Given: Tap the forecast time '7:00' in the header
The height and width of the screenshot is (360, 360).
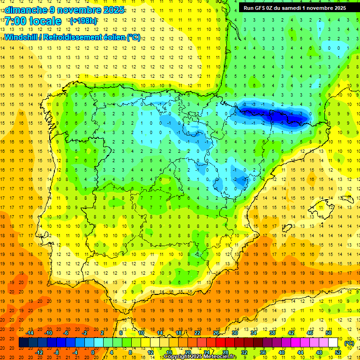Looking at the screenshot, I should click(16, 21).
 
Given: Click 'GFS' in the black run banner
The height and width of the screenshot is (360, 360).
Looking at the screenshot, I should click(262, 8).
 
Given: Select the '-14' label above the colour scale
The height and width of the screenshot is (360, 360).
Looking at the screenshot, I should click(30, 333).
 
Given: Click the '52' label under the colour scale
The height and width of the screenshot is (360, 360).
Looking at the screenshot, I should click(338, 352).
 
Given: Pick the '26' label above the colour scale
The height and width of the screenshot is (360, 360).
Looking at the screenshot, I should click(216, 333).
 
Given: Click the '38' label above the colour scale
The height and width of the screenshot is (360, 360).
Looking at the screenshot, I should click(272, 333).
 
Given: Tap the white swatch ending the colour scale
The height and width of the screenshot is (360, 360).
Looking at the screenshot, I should click(333, 343).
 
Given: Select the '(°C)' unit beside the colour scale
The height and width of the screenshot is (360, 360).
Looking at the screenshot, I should click(349, 343).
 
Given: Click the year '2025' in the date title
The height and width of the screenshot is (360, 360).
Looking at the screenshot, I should click(114, 10).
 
